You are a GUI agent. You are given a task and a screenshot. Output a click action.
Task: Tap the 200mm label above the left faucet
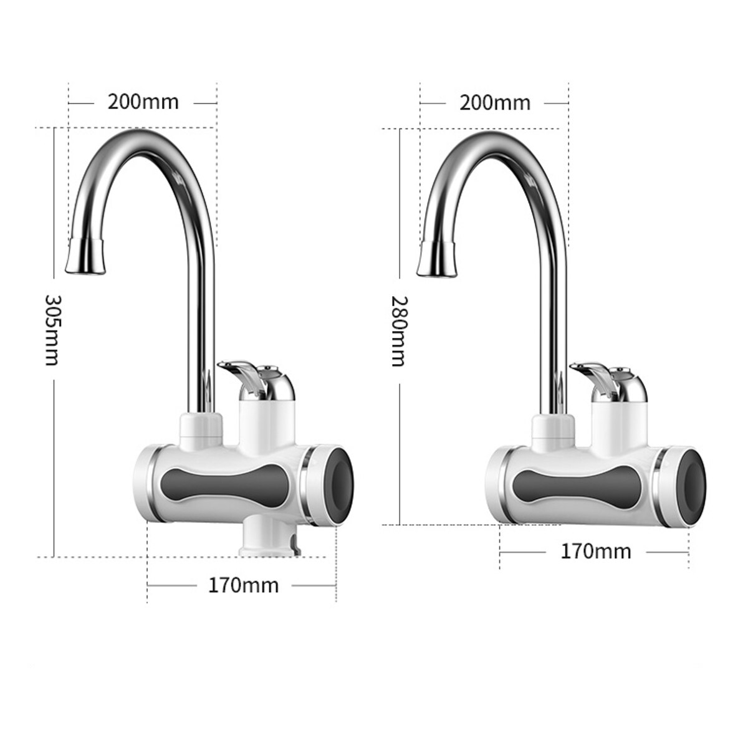143,101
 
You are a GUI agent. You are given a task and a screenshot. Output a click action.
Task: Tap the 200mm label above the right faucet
495,102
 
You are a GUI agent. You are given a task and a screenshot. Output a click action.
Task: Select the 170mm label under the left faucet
243,586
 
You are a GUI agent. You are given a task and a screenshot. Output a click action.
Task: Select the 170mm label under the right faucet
595,551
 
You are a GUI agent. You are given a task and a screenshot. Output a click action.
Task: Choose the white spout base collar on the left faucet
201,429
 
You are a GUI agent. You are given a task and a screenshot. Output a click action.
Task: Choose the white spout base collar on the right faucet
553,429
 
